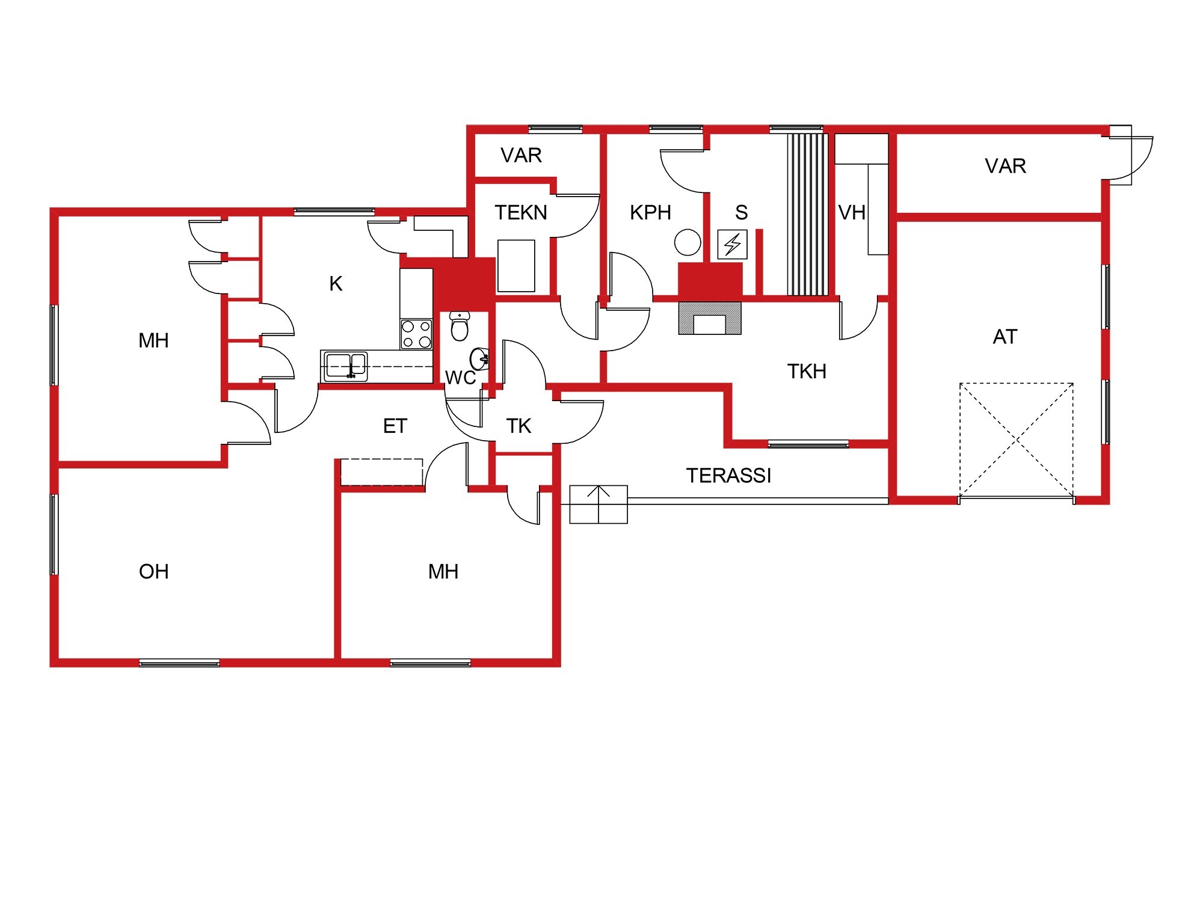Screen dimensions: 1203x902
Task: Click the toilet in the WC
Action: click(x=459, y=327)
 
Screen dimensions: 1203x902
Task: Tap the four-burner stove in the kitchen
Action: click(x=416, y=334)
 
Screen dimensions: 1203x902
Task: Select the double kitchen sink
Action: click(x=345, y=366)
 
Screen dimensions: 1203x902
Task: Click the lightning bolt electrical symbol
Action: click(x=732, y=244)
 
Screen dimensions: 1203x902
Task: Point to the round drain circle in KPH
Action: click(x=688, y=243)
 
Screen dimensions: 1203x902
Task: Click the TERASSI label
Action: click(x=728, y=476)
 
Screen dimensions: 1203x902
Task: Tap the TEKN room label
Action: click(x=521, y=212)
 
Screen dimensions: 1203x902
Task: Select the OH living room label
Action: click(x=154, y=571)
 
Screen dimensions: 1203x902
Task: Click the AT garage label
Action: click(x=1005, y=337)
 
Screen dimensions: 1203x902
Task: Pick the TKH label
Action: click(x=807, y=372)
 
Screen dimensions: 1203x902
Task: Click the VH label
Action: click(x=852, y=212)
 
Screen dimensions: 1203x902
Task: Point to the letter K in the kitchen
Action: click(x=336, y=284)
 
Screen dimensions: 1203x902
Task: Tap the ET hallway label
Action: click(x=395, y=426)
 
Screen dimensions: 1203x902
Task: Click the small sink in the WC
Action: click(x=480, y=359)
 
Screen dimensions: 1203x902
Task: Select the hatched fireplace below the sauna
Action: click(x=710, y=318)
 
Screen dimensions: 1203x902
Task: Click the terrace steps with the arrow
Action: click(x=598, y=504)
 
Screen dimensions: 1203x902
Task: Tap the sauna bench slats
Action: click(x=807, y=215)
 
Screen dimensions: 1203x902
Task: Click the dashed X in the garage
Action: click(x=1017, y=441)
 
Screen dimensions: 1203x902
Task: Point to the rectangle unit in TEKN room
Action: click(x=516, y=266)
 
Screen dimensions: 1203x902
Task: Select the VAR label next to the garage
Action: click(x=1005, y=166)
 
